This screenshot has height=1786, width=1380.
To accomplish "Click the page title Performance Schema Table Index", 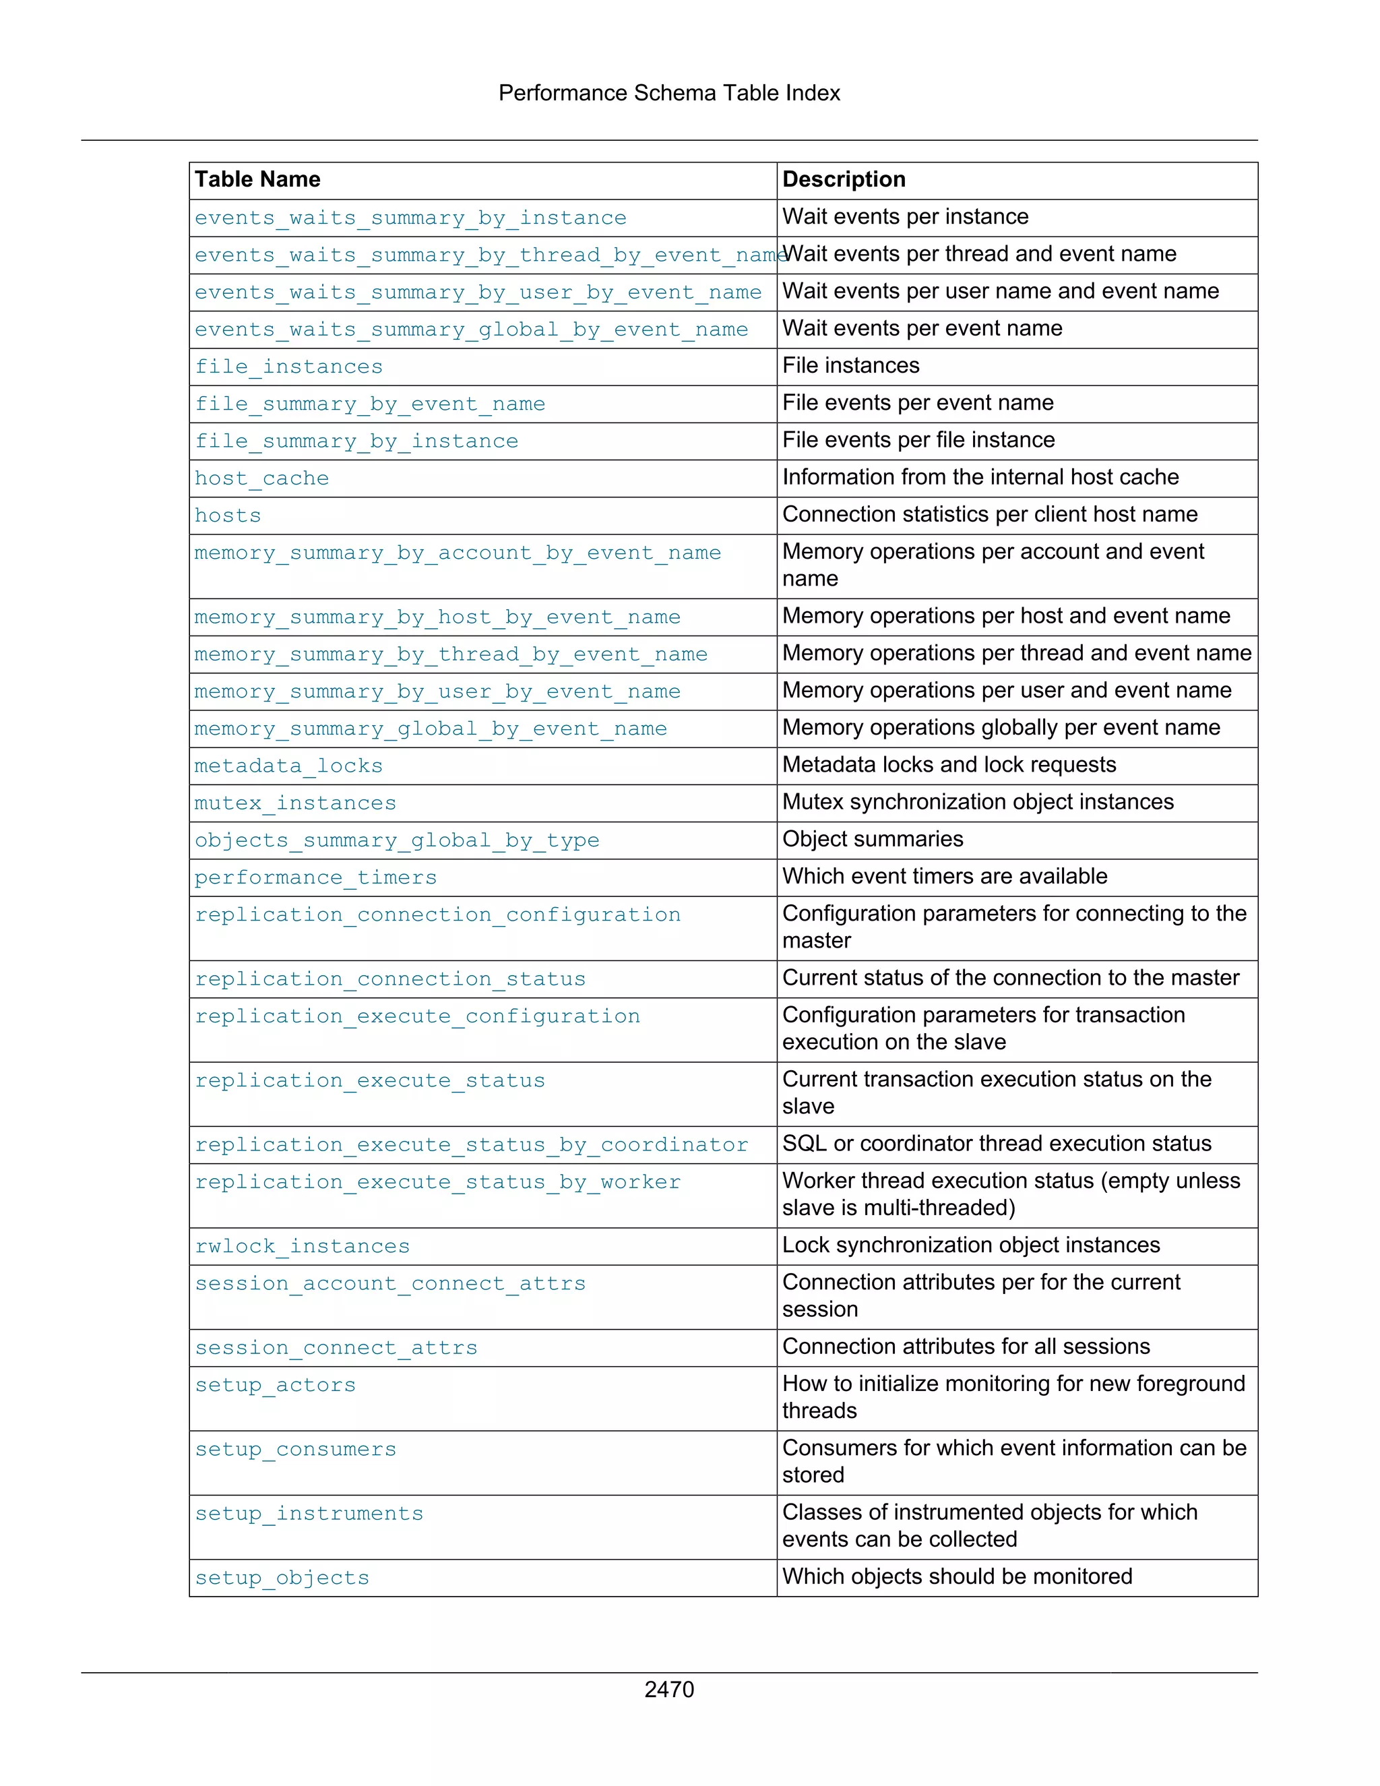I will (668, 93).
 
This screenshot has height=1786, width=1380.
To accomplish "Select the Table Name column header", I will (257, 179).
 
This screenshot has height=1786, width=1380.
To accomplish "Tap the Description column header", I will (843, 179).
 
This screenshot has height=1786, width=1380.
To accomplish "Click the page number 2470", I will (668, 1689).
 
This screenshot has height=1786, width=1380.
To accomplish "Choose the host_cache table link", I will (261, 479).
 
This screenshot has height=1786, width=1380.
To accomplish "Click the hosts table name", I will (227, 516).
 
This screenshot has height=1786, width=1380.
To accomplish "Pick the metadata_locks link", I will (288, 766).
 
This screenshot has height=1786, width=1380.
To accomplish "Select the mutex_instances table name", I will (295, 803).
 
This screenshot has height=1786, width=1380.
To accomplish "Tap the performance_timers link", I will (315, 877).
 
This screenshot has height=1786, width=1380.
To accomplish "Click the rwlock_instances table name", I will (302, 1246).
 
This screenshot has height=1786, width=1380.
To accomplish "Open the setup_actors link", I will (276, 1385).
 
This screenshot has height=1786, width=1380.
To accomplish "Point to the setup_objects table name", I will (282, 1578).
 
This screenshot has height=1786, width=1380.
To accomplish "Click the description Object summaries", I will (873, 839).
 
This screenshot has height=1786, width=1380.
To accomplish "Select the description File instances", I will (850, 365).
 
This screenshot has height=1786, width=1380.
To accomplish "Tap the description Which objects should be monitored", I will (957, 1576).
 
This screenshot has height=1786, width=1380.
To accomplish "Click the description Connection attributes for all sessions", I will (966, 1347).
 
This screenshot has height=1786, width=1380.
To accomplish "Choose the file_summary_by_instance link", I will (356, 441).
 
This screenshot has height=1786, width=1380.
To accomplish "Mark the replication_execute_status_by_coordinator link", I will (471, 1145).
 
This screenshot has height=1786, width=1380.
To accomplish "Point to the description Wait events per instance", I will (905, 217).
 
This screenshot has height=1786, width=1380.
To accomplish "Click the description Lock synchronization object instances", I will (970, 1245).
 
